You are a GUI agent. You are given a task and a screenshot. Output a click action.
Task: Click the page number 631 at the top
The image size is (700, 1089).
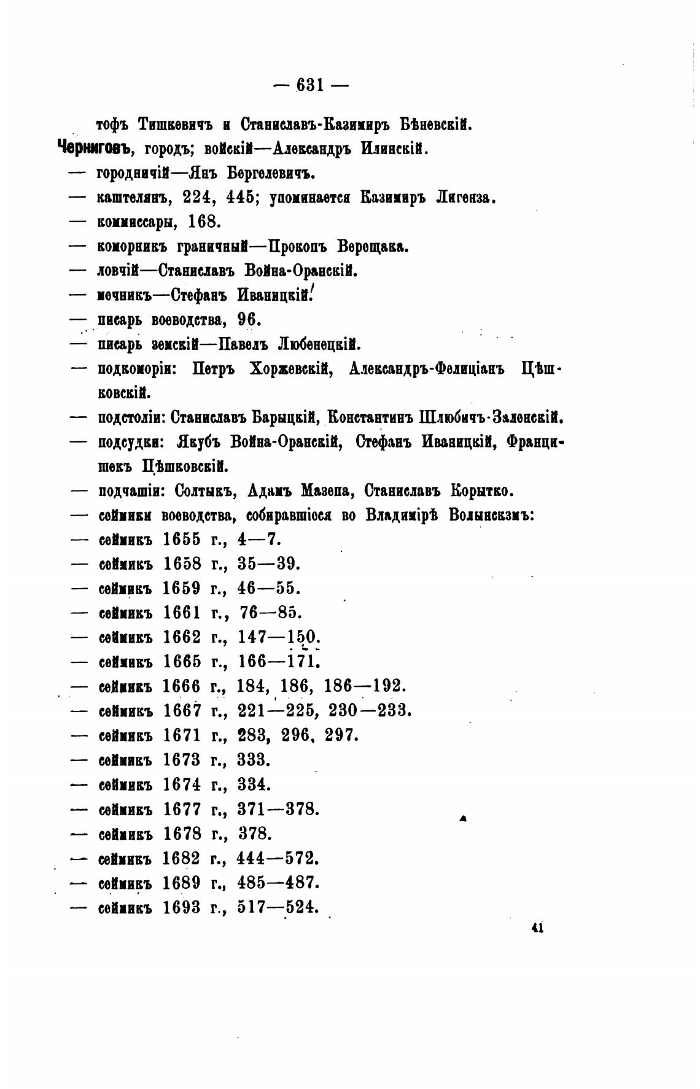(310, 86)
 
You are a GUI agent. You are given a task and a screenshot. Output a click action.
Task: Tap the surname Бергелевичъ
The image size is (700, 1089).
(271, 173)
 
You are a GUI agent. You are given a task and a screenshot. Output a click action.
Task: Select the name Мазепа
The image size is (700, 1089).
(328, 491)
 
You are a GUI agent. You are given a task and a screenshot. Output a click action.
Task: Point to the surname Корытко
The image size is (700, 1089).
(482, 491)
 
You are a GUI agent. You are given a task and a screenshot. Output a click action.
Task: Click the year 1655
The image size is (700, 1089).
(182, 540)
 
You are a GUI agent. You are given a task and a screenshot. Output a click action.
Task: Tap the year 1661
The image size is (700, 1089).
(182, 613)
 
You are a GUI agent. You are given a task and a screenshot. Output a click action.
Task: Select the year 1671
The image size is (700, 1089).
(182, 735)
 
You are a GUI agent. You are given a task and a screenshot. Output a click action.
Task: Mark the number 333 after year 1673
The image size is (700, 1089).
(253, 760)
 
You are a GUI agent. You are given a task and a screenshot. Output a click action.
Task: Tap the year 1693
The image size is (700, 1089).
(182, 907)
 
